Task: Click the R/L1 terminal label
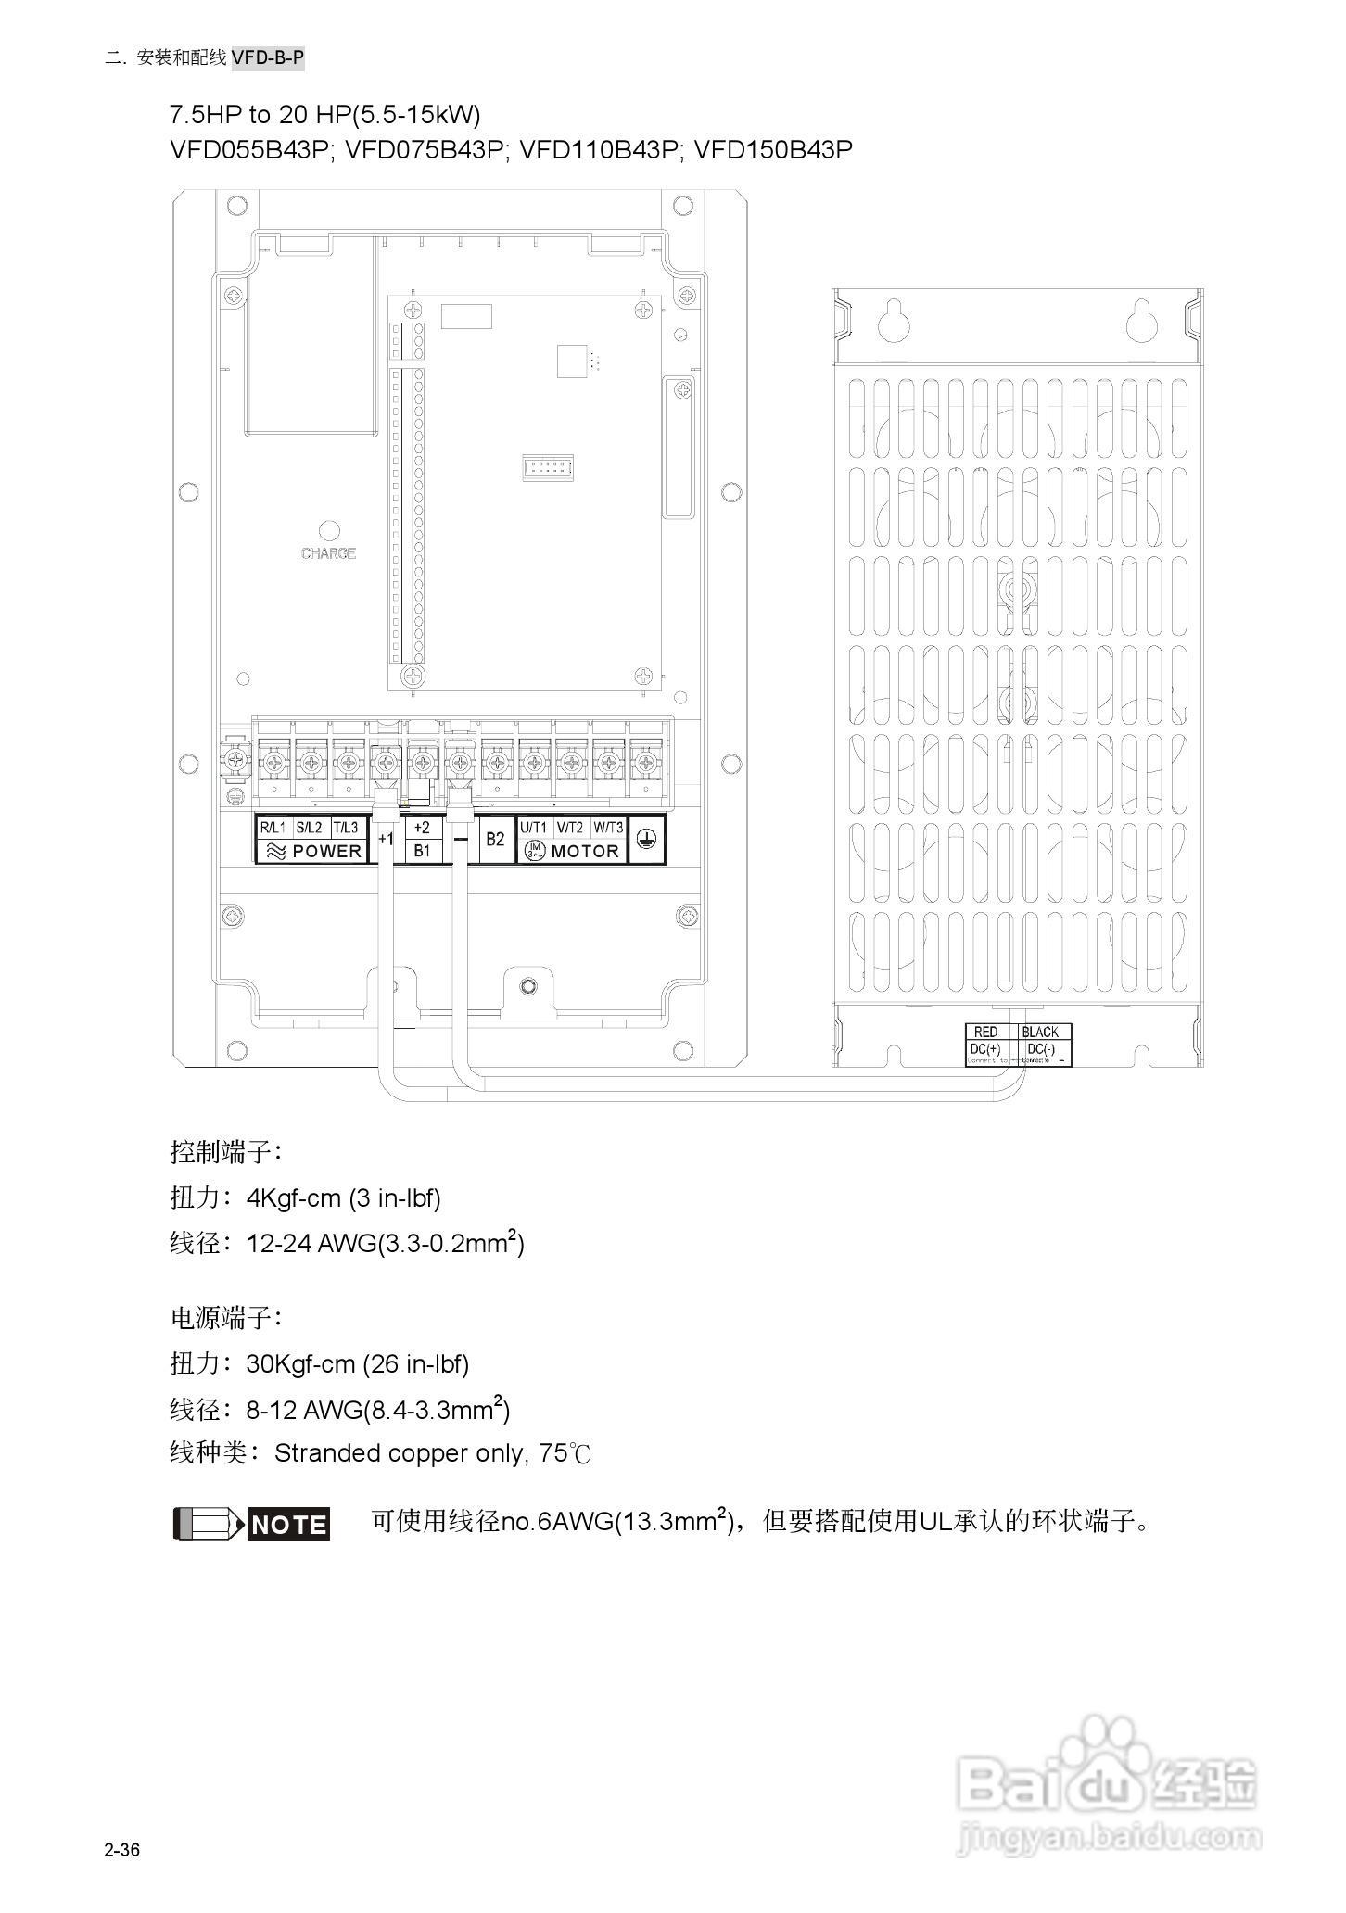pos(273,827)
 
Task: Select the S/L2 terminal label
pos(309,827)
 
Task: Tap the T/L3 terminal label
pos(345,827)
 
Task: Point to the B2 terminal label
pos(496,839)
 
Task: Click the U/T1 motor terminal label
pos(534,827)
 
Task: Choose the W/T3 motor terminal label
pos(609,827)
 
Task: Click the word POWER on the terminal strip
pos(326,851)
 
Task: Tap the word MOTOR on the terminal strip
pos(585,851)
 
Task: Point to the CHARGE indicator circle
pos(329,531)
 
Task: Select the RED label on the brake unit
pos(985,1032)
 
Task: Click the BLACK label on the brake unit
pos(1040,1032)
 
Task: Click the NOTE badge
pos(289,1525)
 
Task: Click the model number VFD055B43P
pos(250,149)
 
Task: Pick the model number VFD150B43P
pos(773,149)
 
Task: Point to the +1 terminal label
pos(387,840)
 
